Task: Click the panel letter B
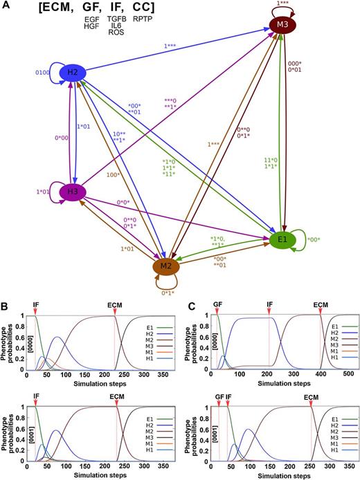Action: (x=6, y=305)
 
